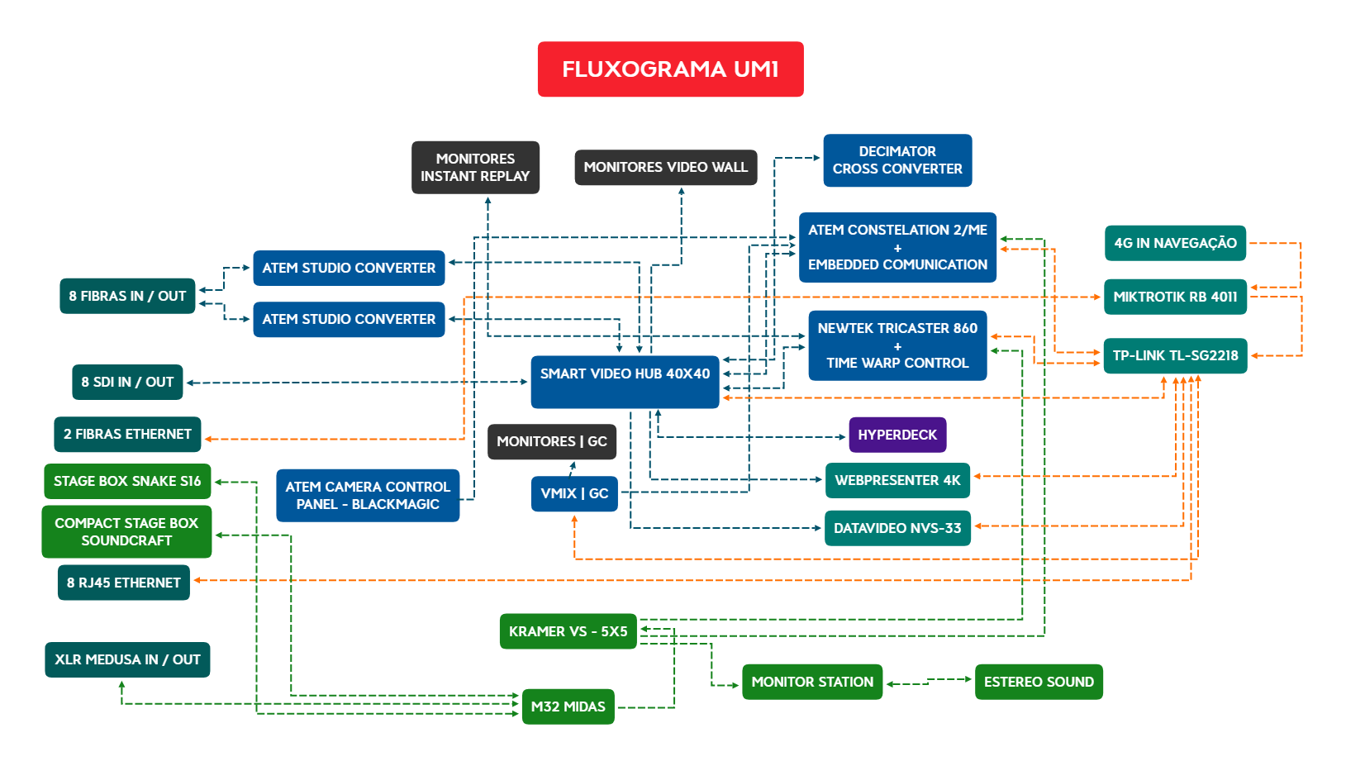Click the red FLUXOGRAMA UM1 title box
[x=670, y=69]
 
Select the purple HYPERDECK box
[x=897, y=435]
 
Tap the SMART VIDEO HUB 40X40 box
[x=625, y=382]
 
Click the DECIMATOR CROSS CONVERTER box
[x=897, y=160]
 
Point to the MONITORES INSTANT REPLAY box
[x=475, y=168]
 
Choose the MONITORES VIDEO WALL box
[x=665, y=168]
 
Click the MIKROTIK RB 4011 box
[x=1175, y=297]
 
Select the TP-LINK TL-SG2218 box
[x=1175, y=356]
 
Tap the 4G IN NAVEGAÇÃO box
[x=1175, y=243]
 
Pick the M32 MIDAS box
[x=568, y=707]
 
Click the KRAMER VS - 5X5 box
[x=568, y=631]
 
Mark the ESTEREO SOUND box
[x=1039, y=682]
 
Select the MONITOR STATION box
[x=812, y=682]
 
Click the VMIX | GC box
[x=574, y=494]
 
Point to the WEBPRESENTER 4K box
[x=897, y=480]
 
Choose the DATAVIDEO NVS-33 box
[x=897, y=528]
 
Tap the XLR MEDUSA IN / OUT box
[x=127, y=659]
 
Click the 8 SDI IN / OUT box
[x=127, y=383]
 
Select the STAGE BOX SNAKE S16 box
[x=127, y=481]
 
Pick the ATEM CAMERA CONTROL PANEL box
[x=368, y=496]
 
